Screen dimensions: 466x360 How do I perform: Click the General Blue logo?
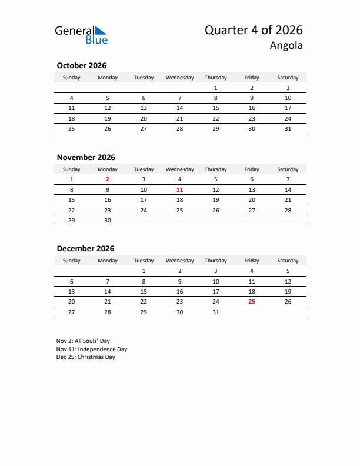[81, 35]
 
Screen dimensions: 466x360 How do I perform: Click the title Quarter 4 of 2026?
[254, 30]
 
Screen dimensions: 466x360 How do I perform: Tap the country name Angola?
[286, 45]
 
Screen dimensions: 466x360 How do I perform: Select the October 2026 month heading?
[81, 66]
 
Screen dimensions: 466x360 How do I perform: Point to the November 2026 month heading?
[86, 157]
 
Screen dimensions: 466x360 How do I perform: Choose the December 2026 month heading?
[85, 249]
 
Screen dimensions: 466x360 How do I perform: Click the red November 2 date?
[108, 179]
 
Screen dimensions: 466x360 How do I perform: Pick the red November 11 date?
[179, 189]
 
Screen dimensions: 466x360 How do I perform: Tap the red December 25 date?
[252, 301]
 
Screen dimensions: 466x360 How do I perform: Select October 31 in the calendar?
[288, 128]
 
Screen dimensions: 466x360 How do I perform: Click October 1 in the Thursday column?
[216, 88]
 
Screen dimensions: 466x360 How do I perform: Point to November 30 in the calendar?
[108, 220]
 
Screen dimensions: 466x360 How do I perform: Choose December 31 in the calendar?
[216, 312]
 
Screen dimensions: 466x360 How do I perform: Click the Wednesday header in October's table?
[179, 78]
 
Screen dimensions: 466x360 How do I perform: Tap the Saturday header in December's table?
[288, 261]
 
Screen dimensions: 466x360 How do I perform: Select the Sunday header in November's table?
[72, 169]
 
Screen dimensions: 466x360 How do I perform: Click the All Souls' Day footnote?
[83, 341]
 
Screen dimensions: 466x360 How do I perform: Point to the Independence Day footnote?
[92, 349]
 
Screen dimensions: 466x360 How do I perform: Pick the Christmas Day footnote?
[86, 357]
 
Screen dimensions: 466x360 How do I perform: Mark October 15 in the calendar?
[216, 108]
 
